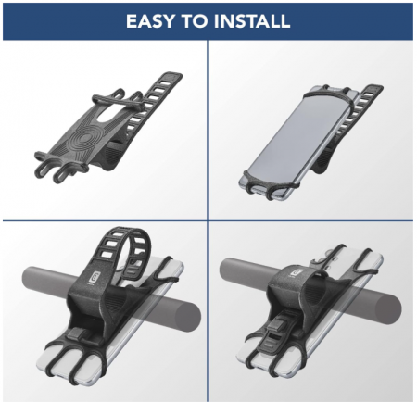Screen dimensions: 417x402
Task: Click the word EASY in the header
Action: (150, 21)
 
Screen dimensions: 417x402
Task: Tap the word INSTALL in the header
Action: (251, 21)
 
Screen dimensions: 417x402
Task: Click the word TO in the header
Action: (194, 21)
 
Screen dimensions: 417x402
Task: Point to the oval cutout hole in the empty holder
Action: (106, 113)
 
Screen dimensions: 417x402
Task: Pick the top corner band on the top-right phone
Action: (327, 92)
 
